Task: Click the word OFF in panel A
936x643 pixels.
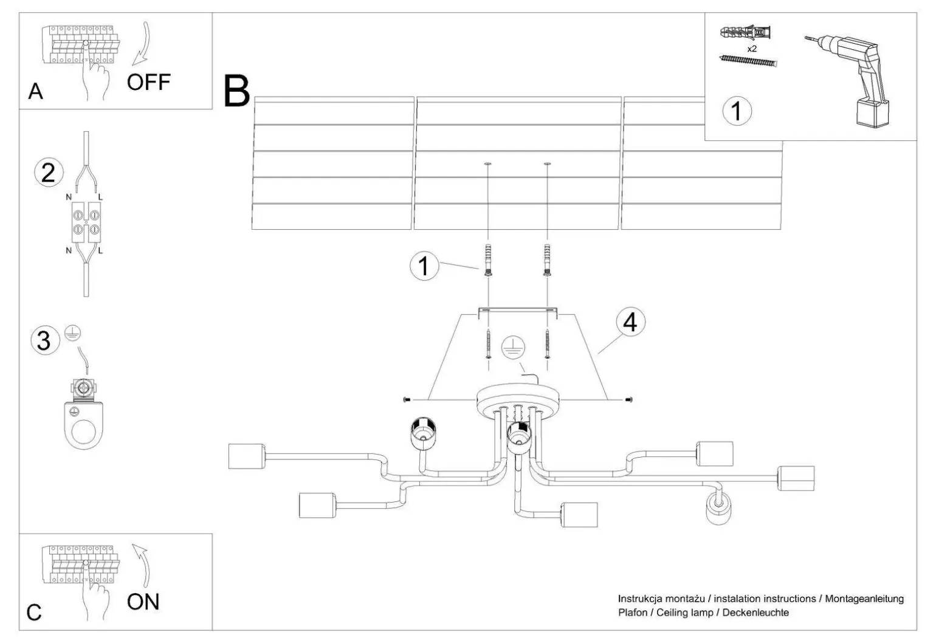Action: (x=149, y=81)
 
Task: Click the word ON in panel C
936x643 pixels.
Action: (x=143, y=602)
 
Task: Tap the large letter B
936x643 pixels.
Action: (x=236, y=92)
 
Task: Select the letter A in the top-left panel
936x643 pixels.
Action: (x=36, y=92)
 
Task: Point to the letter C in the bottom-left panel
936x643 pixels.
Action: (x=35, y=612)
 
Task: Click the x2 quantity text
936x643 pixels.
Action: (x=752, y=49)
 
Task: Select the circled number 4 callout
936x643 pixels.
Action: (x=630, y=322)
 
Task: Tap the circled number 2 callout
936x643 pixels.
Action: (x=48, y=173)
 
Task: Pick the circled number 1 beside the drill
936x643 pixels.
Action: (x=737, y=112)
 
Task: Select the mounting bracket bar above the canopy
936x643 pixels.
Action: (x=517, y=311)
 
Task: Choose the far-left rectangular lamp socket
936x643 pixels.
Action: (x=246, y=456)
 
